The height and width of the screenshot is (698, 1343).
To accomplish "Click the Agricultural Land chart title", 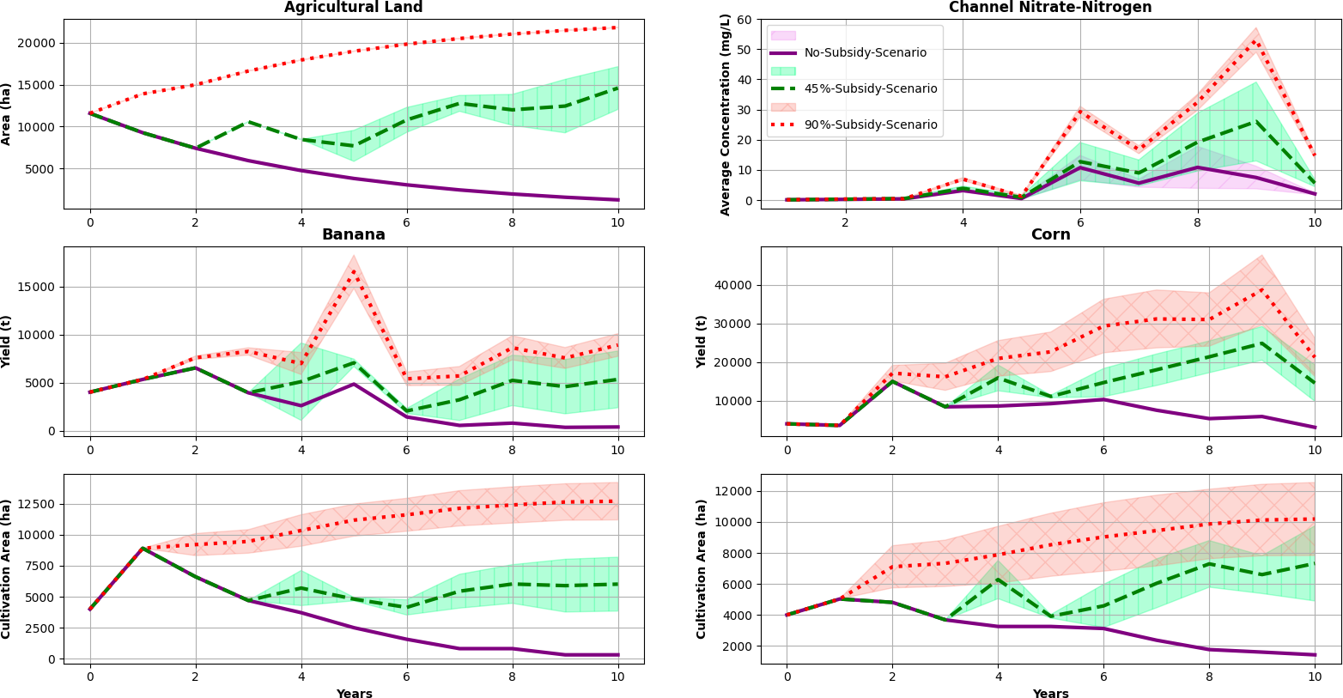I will click(x=353, y=8).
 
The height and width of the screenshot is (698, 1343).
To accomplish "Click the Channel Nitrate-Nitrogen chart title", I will click(x=1050, y=8).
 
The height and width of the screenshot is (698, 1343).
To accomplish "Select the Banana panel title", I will click(x=353, y=234).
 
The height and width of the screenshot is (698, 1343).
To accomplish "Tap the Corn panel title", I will click(x=1050, y=234).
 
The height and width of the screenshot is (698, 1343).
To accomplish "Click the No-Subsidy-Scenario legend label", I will click(x=865, y=52).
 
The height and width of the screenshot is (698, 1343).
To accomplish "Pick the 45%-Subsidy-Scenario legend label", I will click(x=870, y=88).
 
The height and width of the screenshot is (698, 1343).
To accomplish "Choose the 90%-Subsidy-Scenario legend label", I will click(x=870, y=124).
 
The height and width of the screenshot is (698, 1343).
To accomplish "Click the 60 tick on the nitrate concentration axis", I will click(x=744, y=20).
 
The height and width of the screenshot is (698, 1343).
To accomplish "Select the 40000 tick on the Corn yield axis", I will click(x=736, y=285).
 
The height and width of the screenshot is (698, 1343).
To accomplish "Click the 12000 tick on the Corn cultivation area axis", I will click(x=736, y=491).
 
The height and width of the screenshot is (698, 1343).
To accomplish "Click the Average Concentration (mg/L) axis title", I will click(x=726, y=114).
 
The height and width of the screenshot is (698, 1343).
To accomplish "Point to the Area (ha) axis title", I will click(x=7, y=114).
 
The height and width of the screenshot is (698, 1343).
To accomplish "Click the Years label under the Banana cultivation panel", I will click(x=354, y=693).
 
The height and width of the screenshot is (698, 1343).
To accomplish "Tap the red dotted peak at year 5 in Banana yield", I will click(x=354, y=273).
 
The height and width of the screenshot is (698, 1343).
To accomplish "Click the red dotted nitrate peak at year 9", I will click(x=1255, y=41).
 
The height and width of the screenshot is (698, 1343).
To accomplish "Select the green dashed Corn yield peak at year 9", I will click(x=1261, y=343).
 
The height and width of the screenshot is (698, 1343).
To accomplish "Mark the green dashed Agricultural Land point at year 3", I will click(x=248, y=122).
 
